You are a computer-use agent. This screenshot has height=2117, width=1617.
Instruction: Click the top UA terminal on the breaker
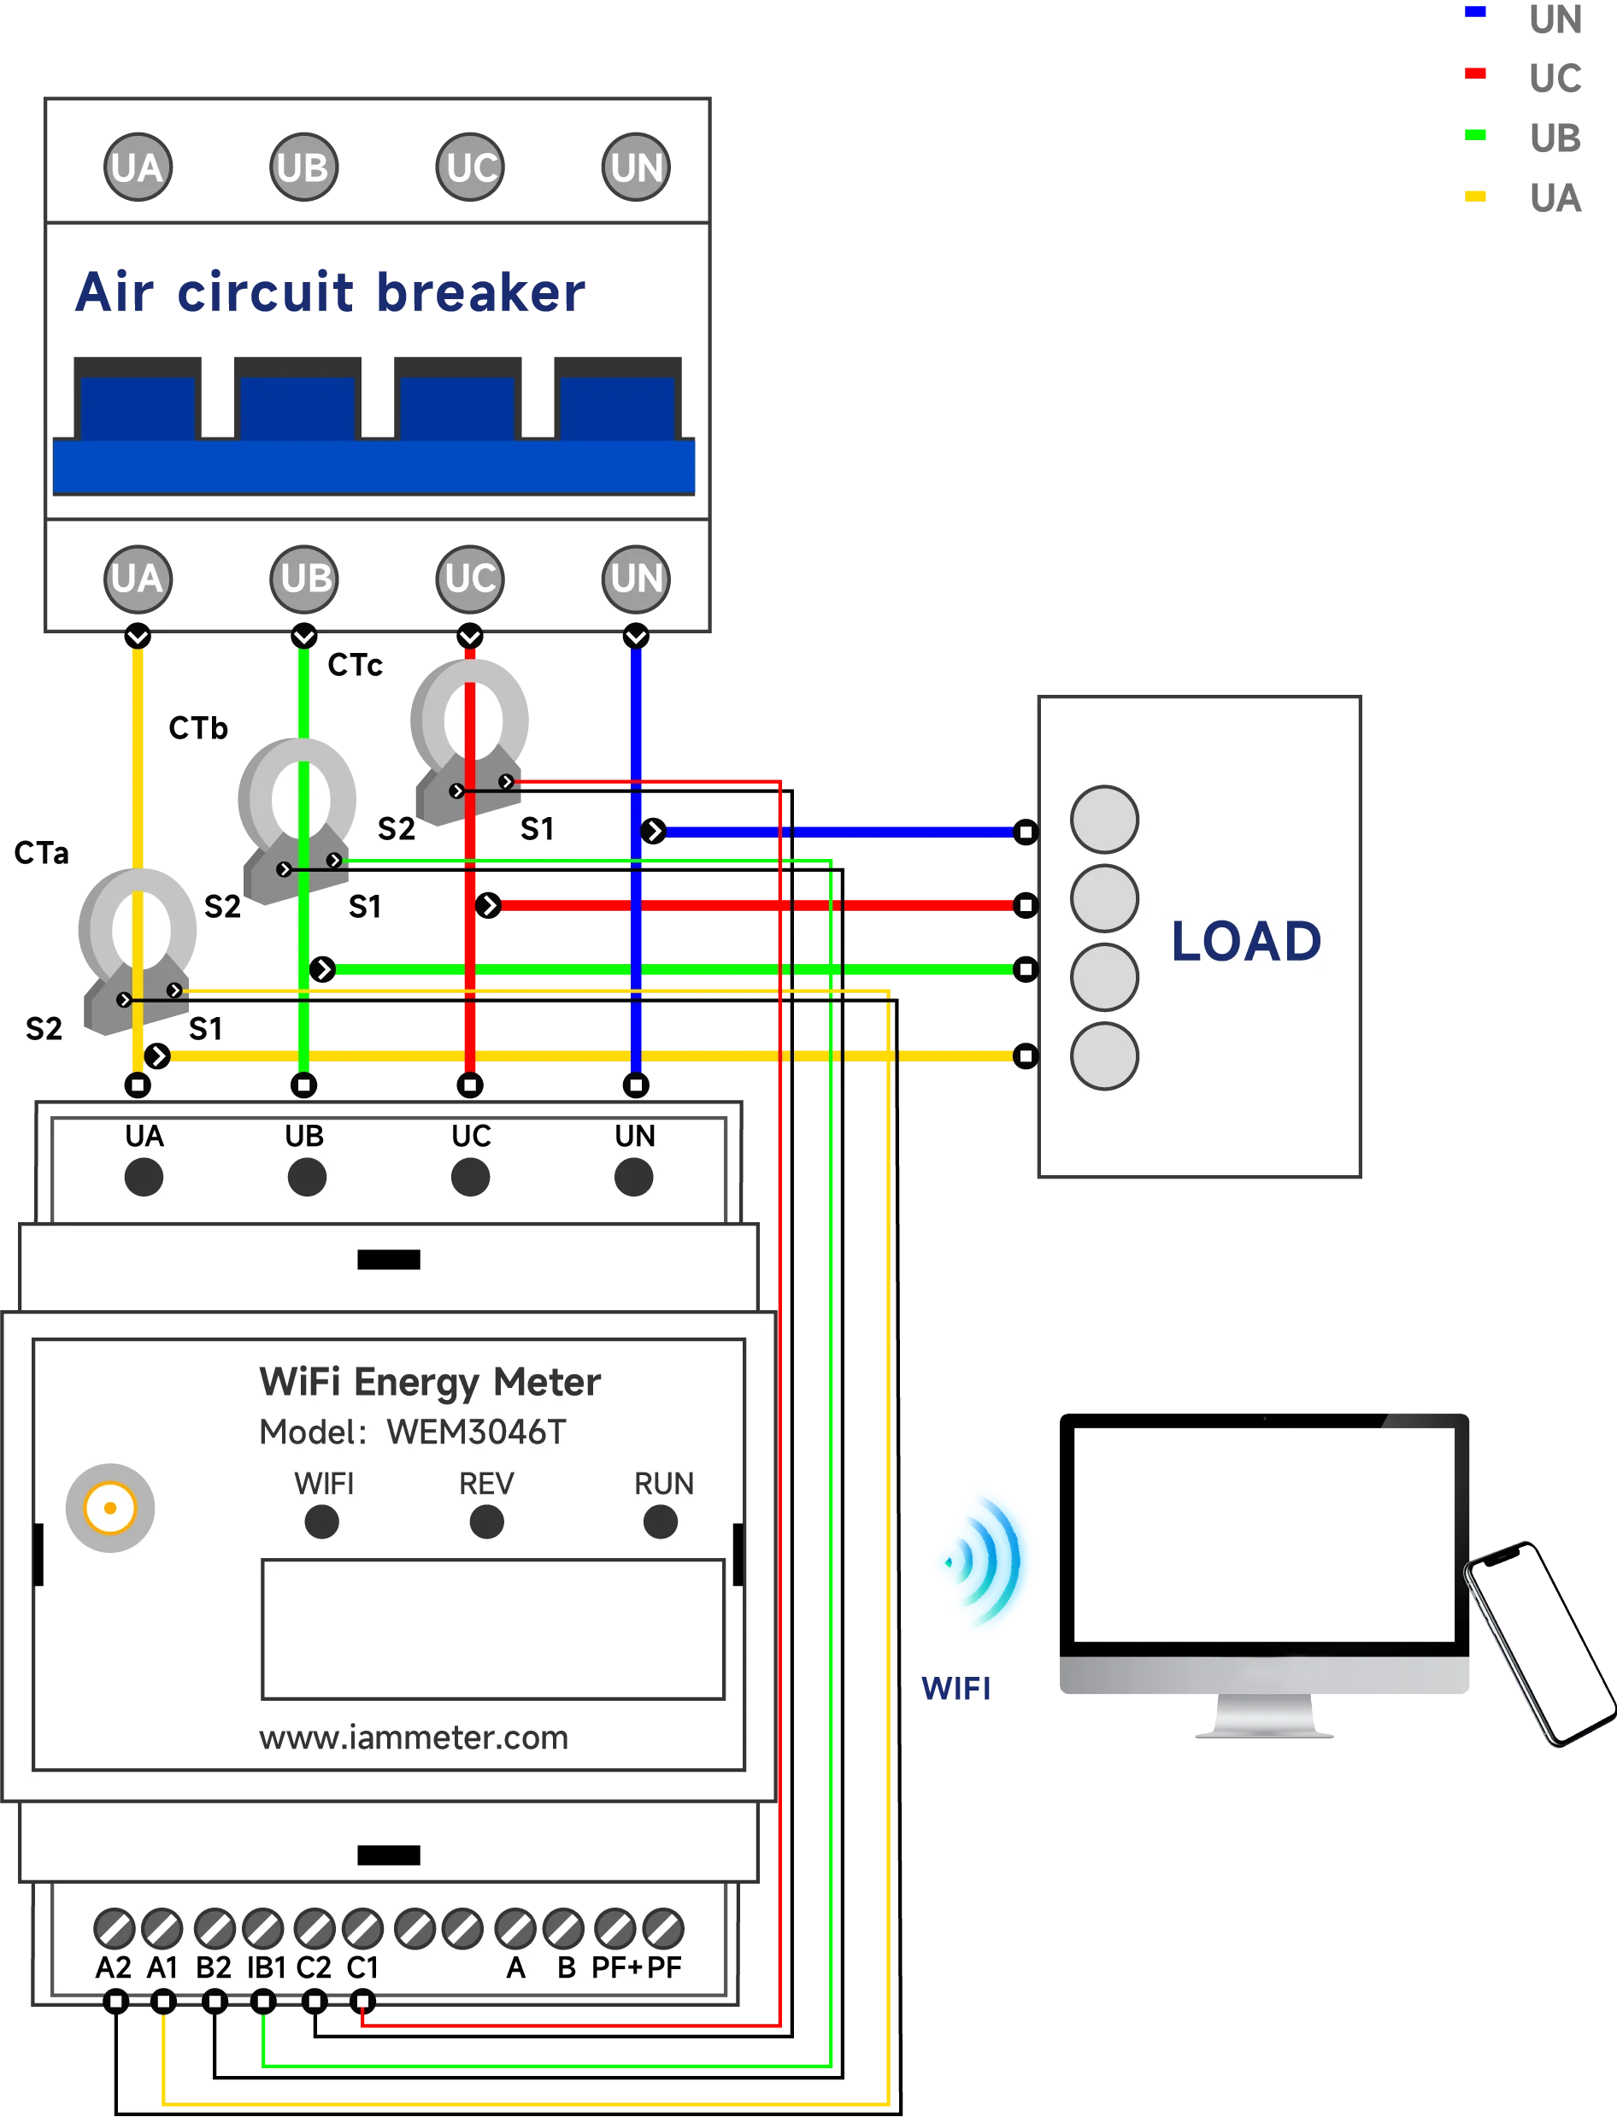138,168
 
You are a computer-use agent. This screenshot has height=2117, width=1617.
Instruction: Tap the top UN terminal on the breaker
635,168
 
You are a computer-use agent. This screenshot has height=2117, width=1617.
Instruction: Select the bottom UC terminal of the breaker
470,578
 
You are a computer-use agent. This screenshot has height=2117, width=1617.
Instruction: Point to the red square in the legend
1475,72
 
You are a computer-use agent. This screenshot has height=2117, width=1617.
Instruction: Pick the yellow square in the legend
1475,196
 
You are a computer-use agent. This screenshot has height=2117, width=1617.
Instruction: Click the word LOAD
1245,941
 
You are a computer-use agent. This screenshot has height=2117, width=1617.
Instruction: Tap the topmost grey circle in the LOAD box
1104,819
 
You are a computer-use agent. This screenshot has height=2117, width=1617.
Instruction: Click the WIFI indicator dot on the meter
321,1522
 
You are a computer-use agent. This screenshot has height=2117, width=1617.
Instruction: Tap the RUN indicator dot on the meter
661,1522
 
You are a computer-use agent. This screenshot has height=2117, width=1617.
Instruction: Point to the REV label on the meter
486,1484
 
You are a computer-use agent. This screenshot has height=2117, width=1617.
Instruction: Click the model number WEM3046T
476,1432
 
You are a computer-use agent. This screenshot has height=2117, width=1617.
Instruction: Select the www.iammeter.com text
414,1738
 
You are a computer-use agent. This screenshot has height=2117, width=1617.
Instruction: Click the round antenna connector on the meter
109,1508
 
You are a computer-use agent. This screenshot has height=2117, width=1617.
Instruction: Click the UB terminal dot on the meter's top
306,1177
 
